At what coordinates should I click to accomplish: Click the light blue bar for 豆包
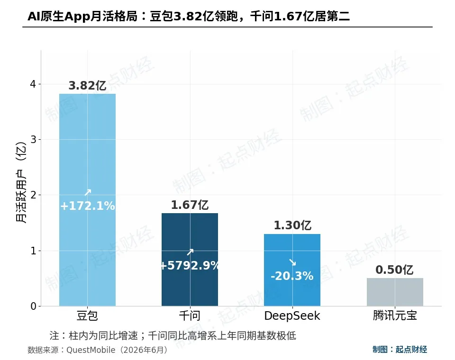coord(87,200)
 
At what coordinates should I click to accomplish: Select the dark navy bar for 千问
coord(190,260)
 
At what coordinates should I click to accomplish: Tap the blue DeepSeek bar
coord(292,270)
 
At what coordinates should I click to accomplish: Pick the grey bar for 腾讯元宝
coord(395,292)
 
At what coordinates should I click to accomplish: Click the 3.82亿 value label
coord(87,86)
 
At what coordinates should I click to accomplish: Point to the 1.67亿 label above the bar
coord(190,205)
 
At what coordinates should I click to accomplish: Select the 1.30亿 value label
coord(292,225)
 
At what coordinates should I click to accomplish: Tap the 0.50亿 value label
coord(395,270)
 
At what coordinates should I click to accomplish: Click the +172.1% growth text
coord(87,206)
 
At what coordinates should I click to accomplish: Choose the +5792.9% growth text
coord(190,265)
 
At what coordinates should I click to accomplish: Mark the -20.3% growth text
coord(292,276)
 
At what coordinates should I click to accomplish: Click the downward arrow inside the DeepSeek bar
coord(292,262)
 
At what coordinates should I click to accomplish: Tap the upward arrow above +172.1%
coord(88,192)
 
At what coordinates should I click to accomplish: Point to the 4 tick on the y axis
coord(33,84)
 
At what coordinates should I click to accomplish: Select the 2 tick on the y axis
coord(33,195)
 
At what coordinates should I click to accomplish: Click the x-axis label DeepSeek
coord(292,315)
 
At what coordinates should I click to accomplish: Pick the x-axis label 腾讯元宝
coord(395,315)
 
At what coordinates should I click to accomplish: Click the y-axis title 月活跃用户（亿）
coord(21,182)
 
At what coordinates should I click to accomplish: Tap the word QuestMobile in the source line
coord(91,350)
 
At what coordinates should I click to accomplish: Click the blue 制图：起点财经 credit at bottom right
coord(400,350)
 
